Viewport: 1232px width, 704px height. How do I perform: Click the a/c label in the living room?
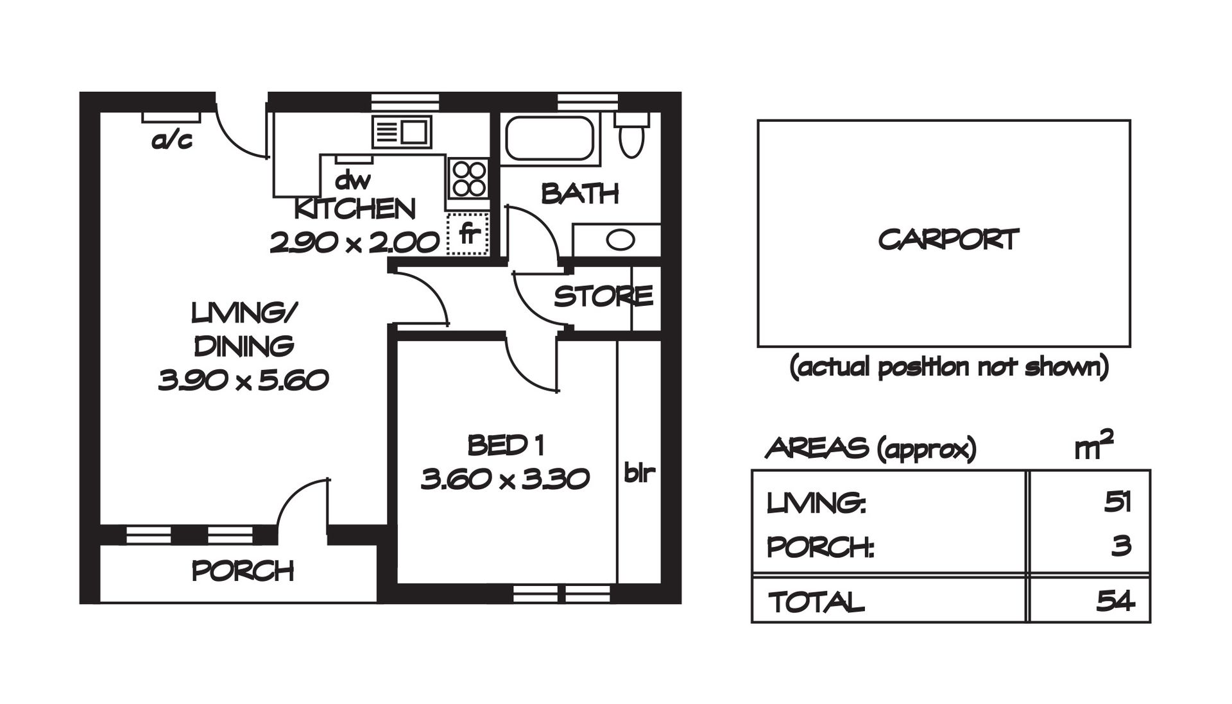(171, 140)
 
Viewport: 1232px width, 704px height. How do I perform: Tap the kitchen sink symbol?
(402, 133)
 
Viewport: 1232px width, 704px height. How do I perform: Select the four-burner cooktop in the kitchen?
(469, 178)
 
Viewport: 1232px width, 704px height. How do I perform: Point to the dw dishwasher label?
(352, 180)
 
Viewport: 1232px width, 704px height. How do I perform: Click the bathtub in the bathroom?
(549, 137)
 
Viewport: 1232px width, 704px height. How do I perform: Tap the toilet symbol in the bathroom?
(632, 135)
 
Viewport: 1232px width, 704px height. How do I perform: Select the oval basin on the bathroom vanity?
(620, 240)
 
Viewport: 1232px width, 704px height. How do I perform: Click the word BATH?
(580, 193)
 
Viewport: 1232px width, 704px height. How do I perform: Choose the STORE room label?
(604, 296)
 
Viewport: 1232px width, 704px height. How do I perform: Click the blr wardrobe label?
(639, 473)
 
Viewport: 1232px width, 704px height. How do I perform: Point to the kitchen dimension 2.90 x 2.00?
(355, 243)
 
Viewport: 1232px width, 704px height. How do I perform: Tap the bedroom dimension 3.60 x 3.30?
(505, 479)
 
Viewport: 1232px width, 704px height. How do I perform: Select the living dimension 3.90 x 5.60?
(243, 381)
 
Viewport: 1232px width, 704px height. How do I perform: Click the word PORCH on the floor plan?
(243, 571)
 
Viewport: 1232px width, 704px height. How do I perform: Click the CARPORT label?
(948, 240)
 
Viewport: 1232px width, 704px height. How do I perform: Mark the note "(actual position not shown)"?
(949, 367)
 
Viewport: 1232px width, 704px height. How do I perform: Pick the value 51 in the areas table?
(1117, 502)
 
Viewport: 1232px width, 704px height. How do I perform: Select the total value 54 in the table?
(1115, 601)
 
